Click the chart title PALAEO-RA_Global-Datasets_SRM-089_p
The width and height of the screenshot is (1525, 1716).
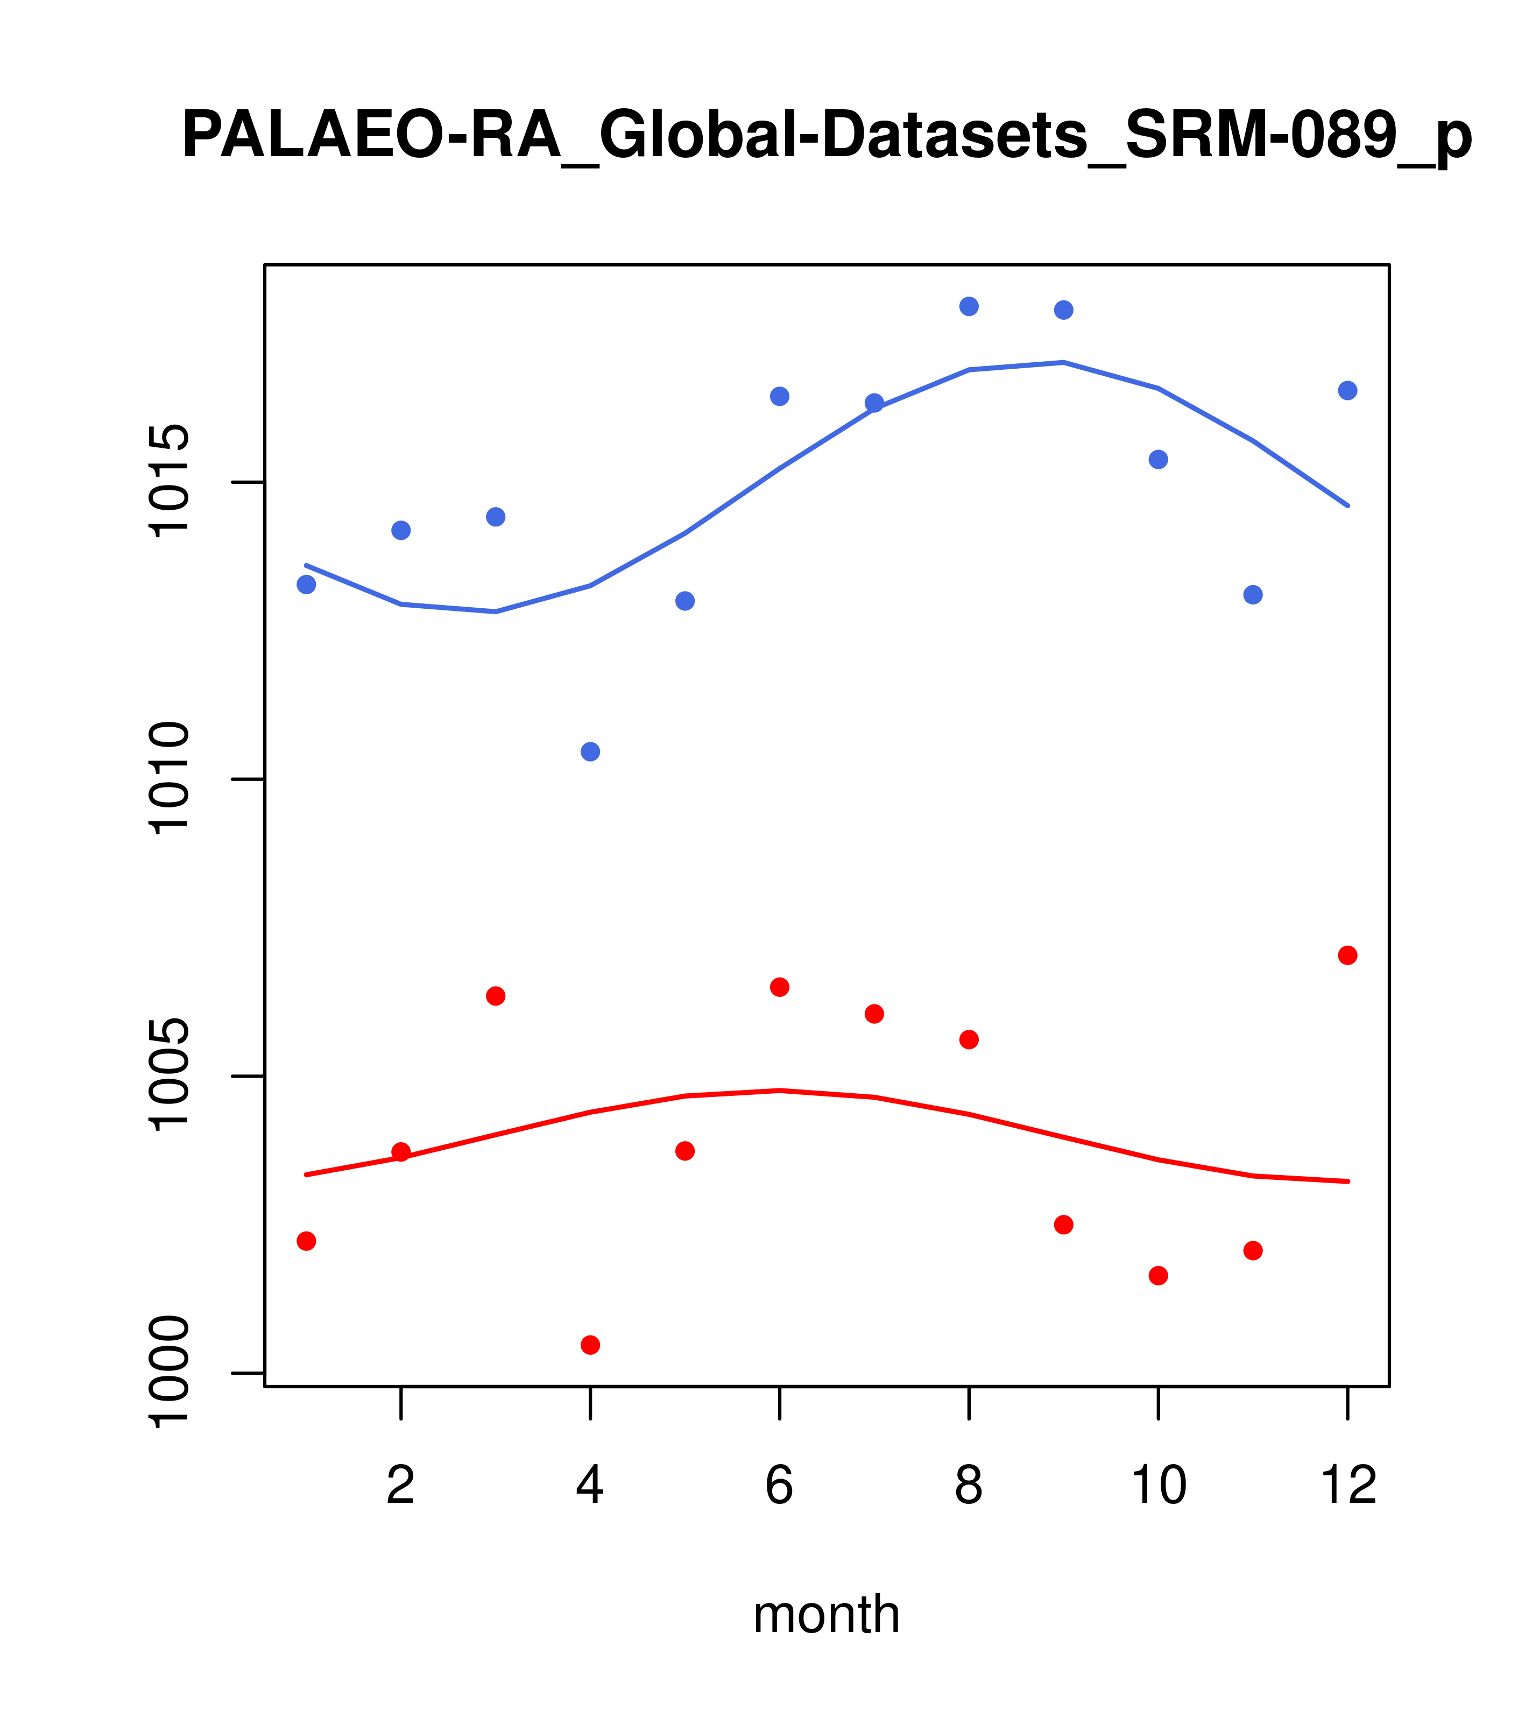(x=827, y=136)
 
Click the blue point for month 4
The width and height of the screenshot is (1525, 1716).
(x=591, y=751)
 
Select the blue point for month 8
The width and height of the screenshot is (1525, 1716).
(x=969, y=306)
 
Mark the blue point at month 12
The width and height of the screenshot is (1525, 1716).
(x=1348, y=390)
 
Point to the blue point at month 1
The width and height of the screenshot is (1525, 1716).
(x=306, y=585)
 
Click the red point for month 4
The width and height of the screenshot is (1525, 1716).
(x=591, y=1345)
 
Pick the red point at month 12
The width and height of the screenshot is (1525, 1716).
(x=1348, y=955)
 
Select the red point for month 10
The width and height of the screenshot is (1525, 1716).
(x=1158, y=1275)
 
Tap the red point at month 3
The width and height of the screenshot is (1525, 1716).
(x=496, y=996)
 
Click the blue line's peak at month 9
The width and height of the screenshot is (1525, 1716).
(x=1063, y=363)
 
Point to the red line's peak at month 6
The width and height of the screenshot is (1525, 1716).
(x=780, y=1091)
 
